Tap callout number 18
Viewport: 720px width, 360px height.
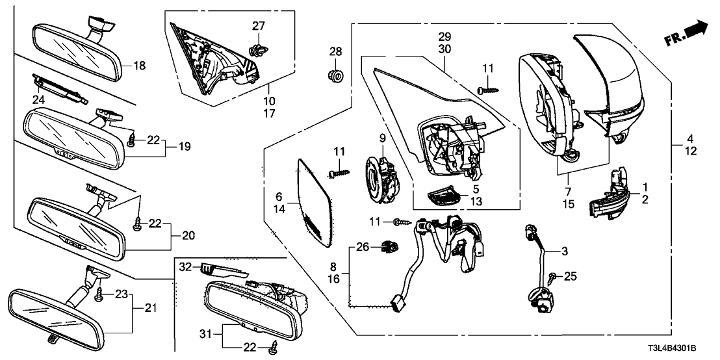click(x=140, y=65)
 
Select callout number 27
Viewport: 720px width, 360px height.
click(x=259, y=26)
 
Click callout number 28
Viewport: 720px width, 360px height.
click(x=335, y=51)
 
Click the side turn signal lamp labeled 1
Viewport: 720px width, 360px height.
click(x=608, y=198)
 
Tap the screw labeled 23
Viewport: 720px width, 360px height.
click(x=100, y=295)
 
